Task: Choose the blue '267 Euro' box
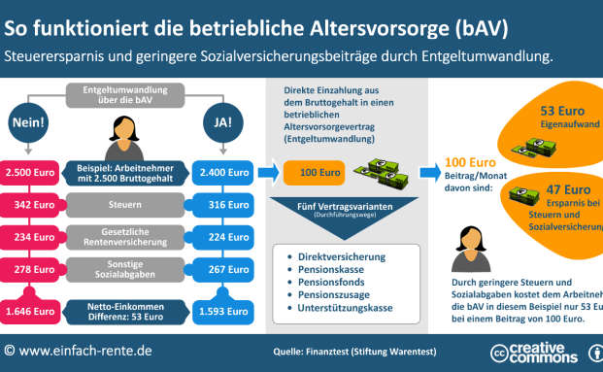click(x=219, y=269)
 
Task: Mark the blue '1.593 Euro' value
click(x=219, y=313)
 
